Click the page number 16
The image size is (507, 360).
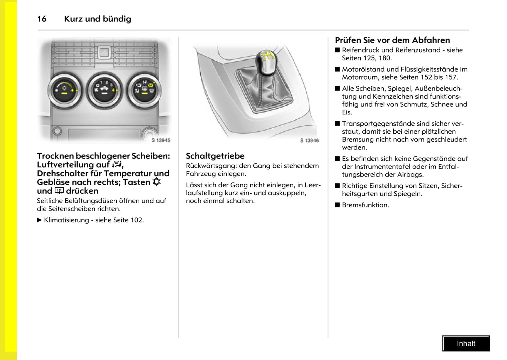point(42,19)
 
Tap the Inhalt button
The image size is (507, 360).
point(466,344)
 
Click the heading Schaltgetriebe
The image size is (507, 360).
point(215,156)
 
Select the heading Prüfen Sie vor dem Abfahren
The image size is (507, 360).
point(392,40)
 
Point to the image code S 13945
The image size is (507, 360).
point(161,140)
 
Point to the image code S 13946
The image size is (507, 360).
point(309,141)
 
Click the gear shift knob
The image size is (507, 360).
point(267,60)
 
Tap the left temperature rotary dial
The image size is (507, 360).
point(65,91)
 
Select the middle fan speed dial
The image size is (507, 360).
point(105,90)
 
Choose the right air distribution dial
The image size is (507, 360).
point(144,90)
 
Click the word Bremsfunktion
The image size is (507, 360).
point(365,205)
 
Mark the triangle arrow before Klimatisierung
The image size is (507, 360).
point(39,220)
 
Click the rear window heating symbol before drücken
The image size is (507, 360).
point(59,191)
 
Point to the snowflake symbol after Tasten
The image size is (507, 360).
point(156,182)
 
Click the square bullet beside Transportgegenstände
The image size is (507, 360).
point(338,124)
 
